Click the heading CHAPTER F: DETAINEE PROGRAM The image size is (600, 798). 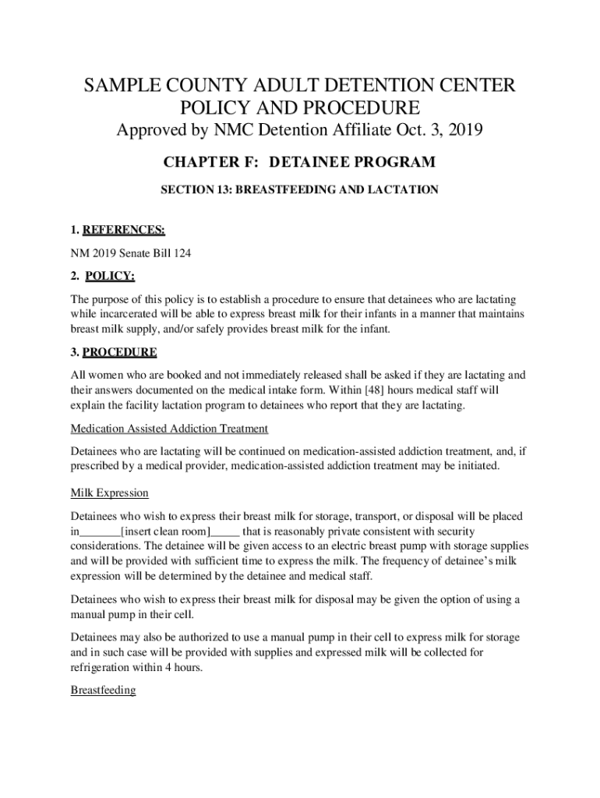[299, 162]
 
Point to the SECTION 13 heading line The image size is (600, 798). [299, 189]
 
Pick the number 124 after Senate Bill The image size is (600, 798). [181, 253]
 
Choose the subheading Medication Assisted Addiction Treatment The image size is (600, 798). [169, 429]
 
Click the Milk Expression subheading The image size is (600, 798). [109, 493]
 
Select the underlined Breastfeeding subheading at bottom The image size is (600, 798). [103, 690]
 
